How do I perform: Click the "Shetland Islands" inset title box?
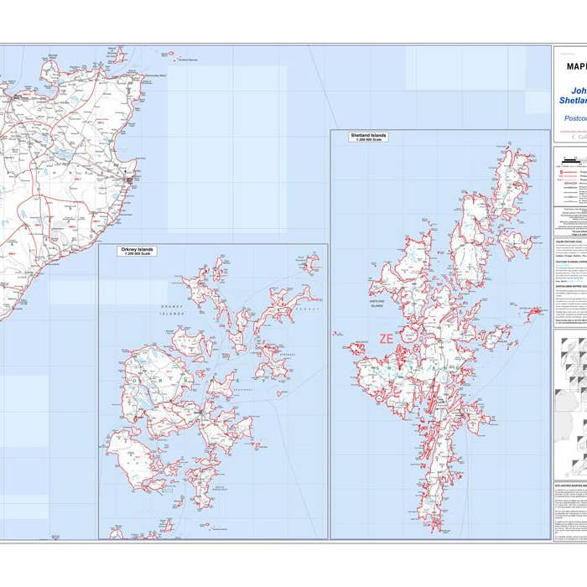click(369, 136)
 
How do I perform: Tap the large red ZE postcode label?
click(386, 339)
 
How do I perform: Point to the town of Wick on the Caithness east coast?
click(128, 179)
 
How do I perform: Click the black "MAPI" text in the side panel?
click(576, 66)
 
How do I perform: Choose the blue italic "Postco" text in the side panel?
click(574, 119)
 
